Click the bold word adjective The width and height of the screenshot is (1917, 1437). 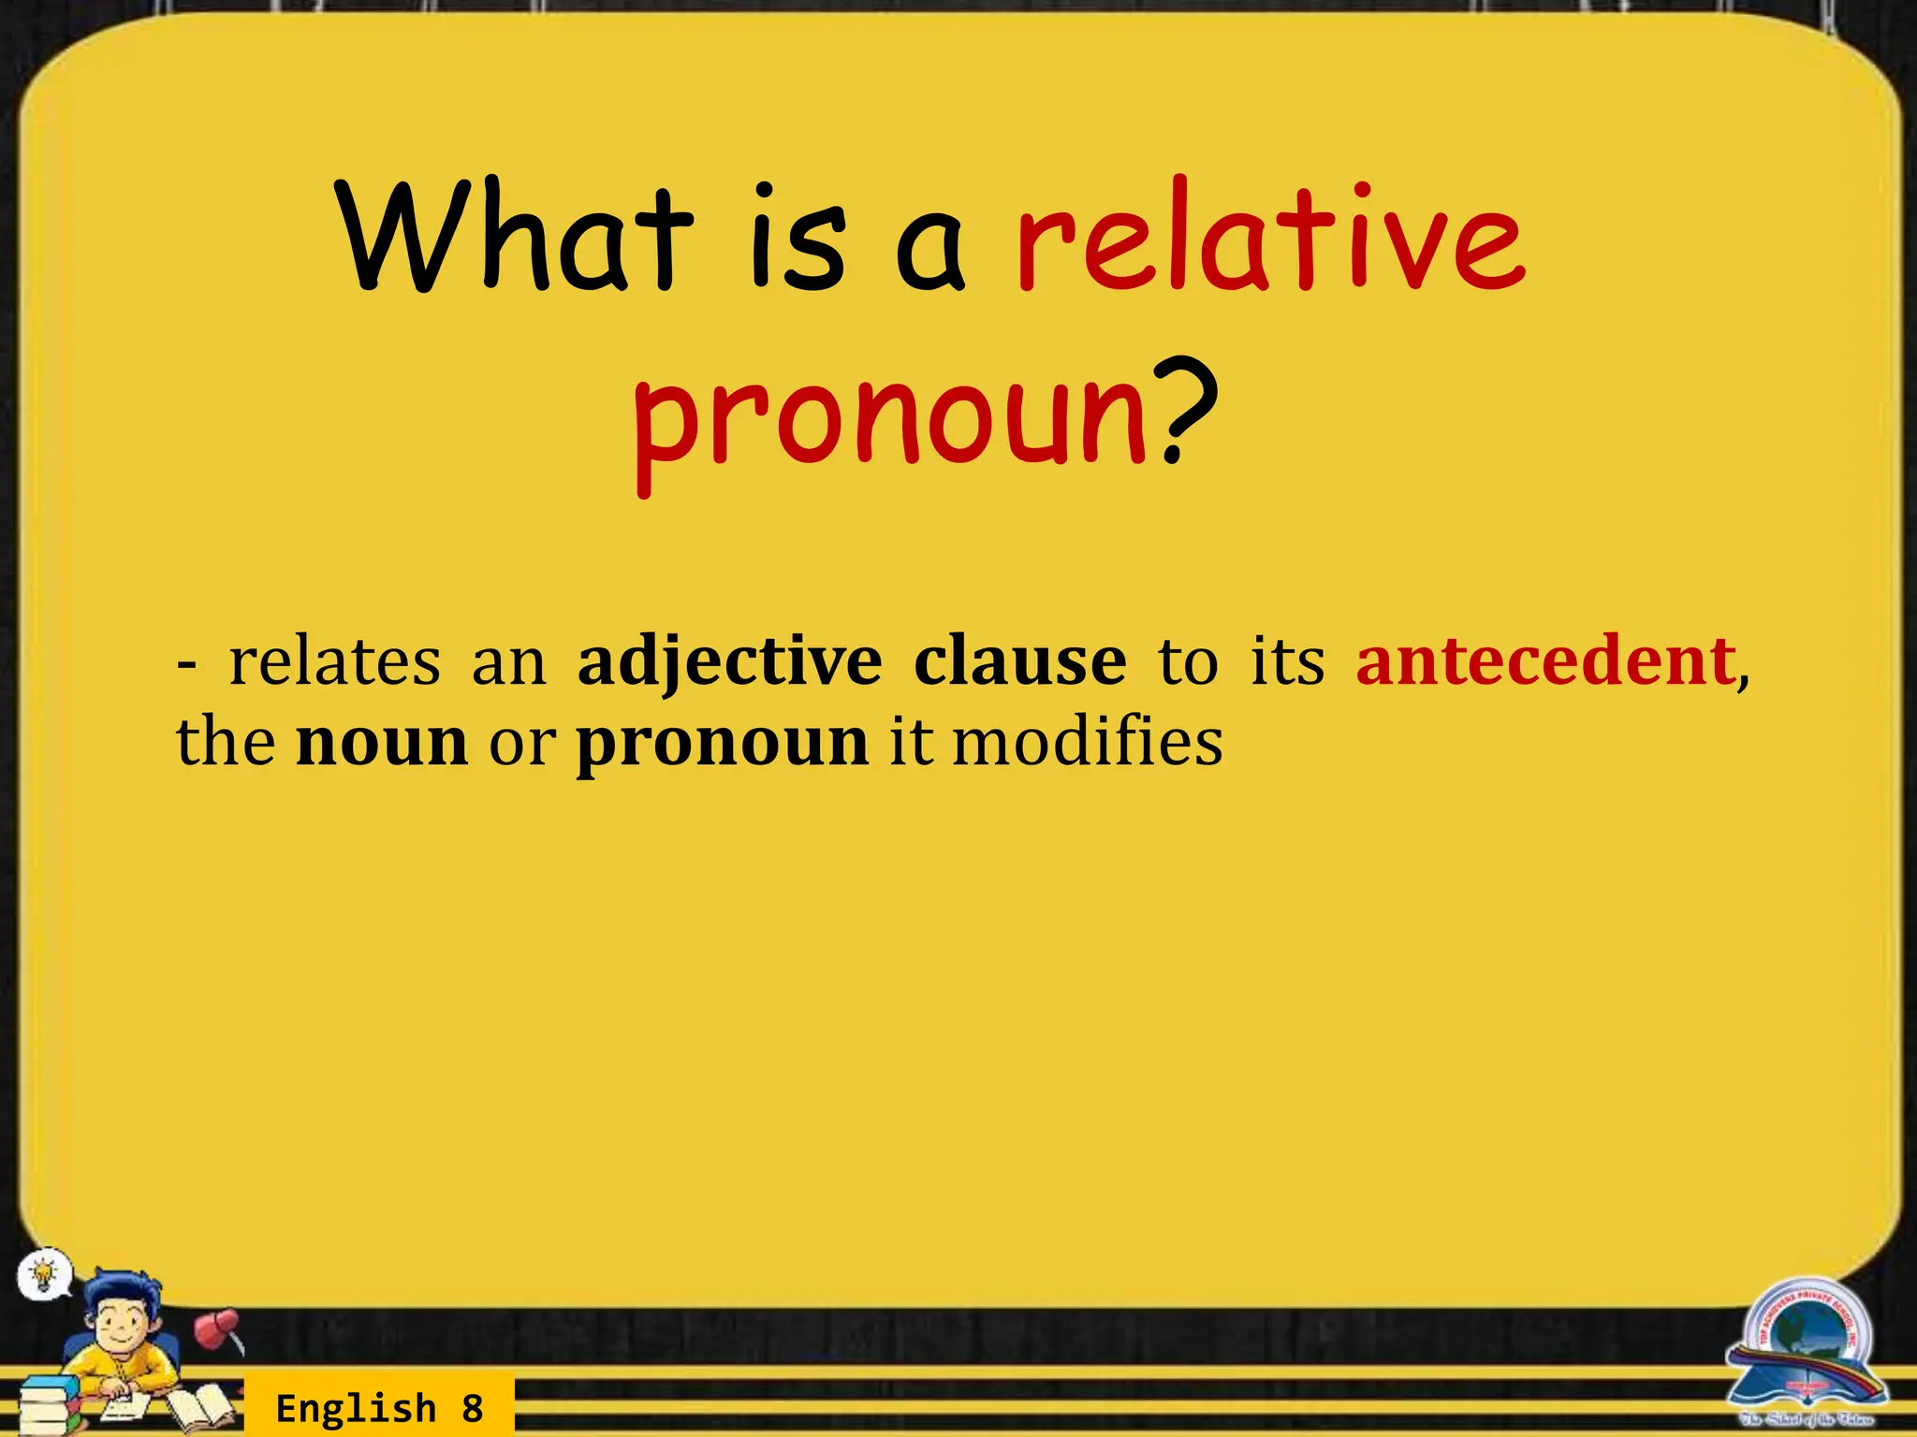(x=729, y=663)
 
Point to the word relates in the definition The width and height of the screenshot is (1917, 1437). (x=334, y=661)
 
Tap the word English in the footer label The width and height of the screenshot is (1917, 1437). (x=356, y=1408)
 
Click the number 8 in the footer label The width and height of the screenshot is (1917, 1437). (x=473, y=1408)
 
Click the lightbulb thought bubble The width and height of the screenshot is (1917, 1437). (x=43, y=1273)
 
